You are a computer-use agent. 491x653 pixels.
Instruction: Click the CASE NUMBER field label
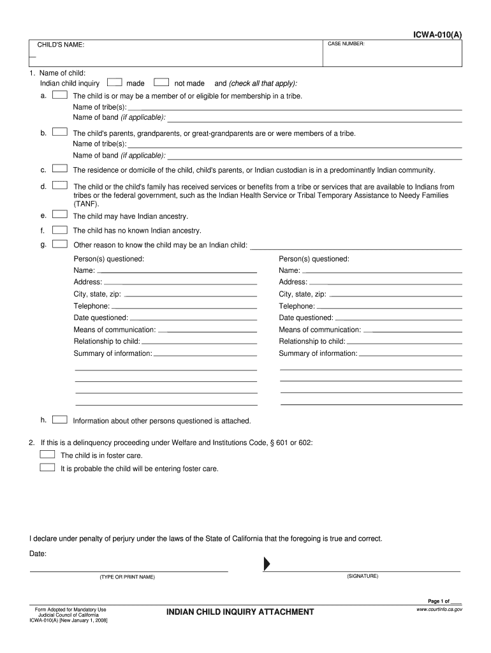(x=346, y=43)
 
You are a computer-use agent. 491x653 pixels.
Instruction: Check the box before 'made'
(x=115, y=83)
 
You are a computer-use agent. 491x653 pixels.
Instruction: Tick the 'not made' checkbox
(x=162, y=83)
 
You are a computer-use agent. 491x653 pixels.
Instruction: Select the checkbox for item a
(x=60, y=95)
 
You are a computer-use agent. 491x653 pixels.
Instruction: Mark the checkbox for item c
(x=60, y=170)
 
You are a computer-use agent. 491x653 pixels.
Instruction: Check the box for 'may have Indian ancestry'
(x=60, y=216)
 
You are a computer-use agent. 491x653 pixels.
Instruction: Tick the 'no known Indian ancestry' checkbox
(x=60, y=230)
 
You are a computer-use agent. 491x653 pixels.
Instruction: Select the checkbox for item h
(x=60, y=420)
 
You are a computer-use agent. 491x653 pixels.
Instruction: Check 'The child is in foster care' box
(x=47, y=455)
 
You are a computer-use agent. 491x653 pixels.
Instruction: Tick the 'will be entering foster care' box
(x=47, y=467)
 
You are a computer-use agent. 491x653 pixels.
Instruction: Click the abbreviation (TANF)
(x=86, y=203)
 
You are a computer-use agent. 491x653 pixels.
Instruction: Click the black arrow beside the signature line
(x=267, y=564)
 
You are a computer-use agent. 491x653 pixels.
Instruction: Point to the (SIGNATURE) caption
(x=362, y=576)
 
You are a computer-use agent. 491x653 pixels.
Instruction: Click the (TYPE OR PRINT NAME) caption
(x=127, y=576)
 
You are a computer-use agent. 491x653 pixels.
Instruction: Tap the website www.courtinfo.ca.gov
(x=439, y=610)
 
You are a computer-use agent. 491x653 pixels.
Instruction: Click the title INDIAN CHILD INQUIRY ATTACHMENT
(x=240, y=612)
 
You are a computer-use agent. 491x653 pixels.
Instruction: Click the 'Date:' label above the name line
(x=38, y=554)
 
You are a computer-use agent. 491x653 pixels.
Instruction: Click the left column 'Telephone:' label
(x=92, y=306)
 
